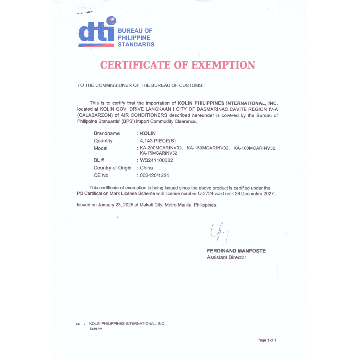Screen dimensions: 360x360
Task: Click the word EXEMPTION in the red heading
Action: pyautogui.click(x=220, y=65)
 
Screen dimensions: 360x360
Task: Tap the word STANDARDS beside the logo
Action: pyautogui.click(x=136, y=45)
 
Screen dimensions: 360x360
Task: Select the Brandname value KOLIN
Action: pyautogui.click(x=148, y=133)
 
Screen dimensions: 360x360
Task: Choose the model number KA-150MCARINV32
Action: pyautogui.click(x=208, y=148)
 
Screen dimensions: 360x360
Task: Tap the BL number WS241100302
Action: pyautogui.click(x=156, y=160)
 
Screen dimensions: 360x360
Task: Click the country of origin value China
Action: pyautogui.click(x=146, y=168)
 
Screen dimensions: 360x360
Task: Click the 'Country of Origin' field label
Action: pyautogui.click(x=112, y=168)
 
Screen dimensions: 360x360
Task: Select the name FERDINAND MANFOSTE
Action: pyautogui.click(x=236, y=251)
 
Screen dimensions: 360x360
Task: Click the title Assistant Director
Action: pyautogui.click(x=226, y=257)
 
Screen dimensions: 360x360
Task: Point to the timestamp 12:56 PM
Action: pyautogui.click(x=96, y=329)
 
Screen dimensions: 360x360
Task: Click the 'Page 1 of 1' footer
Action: pyautogui.click(x=267, y=340)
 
